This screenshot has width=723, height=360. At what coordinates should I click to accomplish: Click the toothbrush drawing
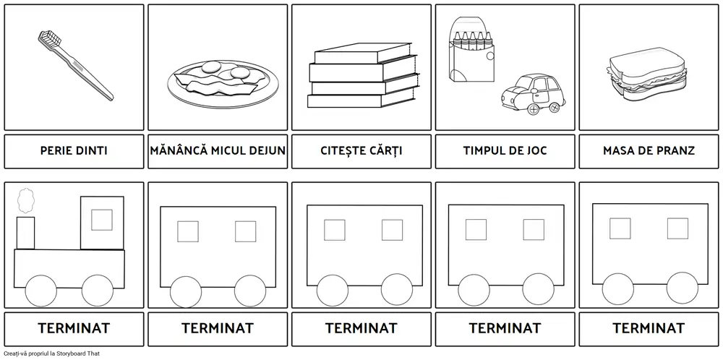click(76, 66)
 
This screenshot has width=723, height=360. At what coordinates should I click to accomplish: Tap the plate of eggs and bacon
click(223, 83)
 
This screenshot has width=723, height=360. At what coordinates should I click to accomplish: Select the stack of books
click(364, 75)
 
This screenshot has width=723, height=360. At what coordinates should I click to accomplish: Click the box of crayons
click(471, 50)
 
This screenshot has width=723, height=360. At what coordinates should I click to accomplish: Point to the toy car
click(533, 94)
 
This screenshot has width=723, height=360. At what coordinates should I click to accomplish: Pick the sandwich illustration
click(646, 74)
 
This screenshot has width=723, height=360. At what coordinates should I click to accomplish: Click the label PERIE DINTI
click(74, 151)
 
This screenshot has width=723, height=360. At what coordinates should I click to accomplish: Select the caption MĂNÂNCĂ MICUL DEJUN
click(218, 151)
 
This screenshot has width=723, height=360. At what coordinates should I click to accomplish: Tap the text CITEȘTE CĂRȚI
click(361, 151)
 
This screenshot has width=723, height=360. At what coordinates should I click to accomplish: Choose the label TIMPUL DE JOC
click(505, 151)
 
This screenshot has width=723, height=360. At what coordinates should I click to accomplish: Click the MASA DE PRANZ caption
click(649, 151)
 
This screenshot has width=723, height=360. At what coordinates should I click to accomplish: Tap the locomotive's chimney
click(25, 233)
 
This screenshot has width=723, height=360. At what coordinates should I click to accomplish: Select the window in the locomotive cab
click(102, 220)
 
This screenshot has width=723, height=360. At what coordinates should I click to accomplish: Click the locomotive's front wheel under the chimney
click(41, 291)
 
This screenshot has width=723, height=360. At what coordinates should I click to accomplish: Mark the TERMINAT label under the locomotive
click(74, 328)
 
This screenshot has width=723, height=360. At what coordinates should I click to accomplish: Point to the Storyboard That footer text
click(51, 353)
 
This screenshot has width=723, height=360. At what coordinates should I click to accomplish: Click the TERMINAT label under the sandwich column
click(649, 328)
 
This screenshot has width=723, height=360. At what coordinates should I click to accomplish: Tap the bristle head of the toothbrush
click(48, 38)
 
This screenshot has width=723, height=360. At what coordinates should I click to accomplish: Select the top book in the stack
click(362, 53)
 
